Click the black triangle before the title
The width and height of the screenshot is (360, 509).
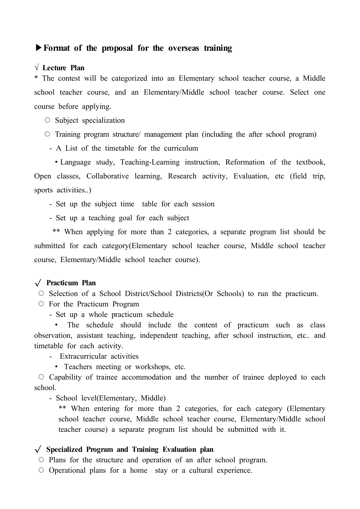(39, 48)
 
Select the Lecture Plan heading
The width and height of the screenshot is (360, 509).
(63, 68)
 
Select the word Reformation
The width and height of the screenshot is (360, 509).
(245, 162)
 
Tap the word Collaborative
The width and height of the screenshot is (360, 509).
(108, 176)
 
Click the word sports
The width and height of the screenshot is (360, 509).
(44, 190)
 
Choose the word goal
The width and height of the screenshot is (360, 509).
(125, 218)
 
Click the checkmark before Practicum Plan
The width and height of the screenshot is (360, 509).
(38, 283)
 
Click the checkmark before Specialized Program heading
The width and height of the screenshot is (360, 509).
(38, 450)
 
